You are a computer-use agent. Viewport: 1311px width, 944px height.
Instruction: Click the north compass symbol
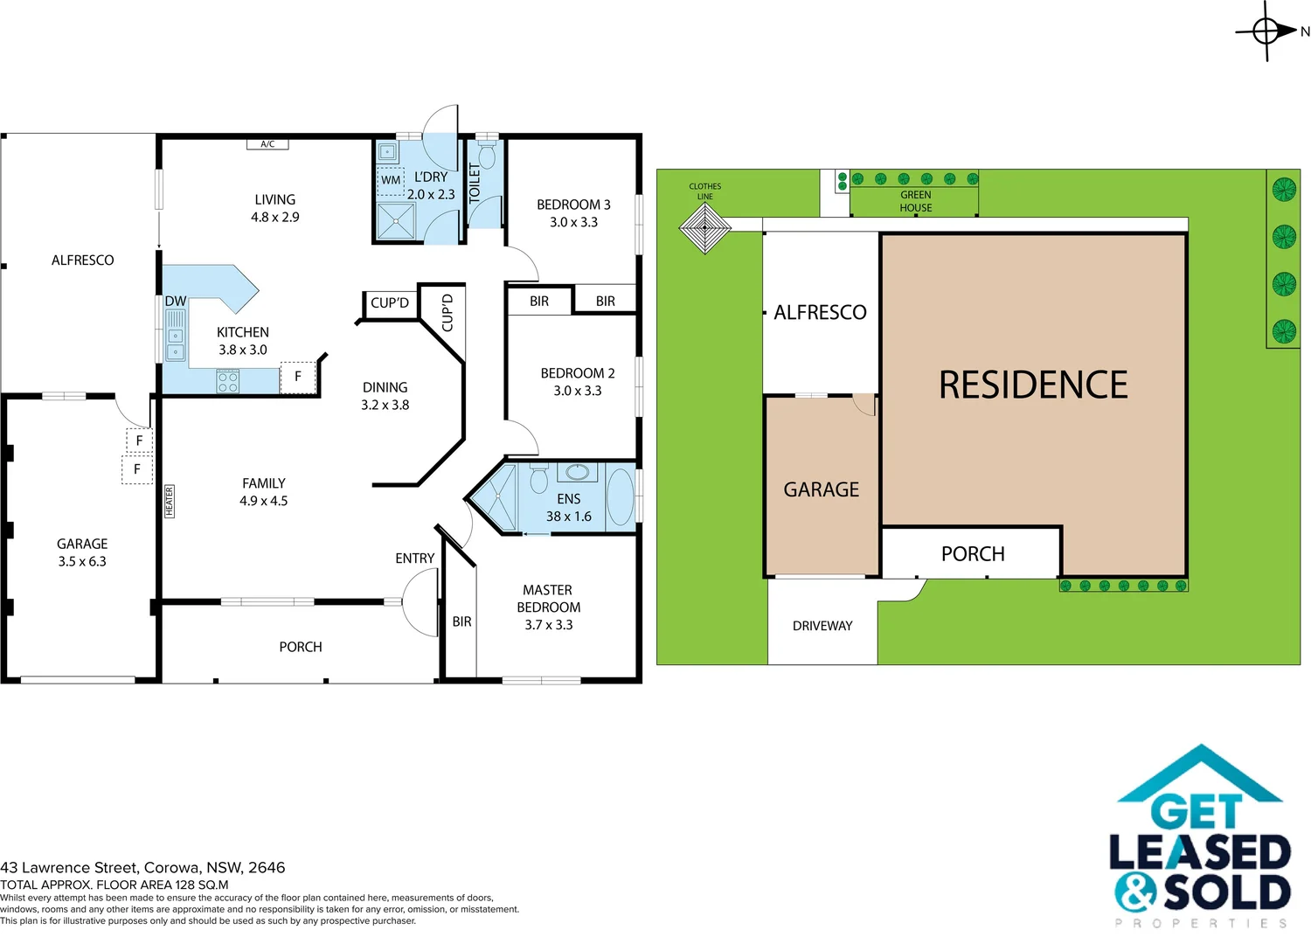pyautogui.click(x=1267, y=31)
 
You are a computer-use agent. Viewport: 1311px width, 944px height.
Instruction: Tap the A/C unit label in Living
pyautogui.click(x=267, y=144)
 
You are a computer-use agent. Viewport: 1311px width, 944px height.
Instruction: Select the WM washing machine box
pyautogui.click(x=391, y=180)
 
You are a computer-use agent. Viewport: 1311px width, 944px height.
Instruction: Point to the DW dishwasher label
pyautogui.click(x=176, y=301)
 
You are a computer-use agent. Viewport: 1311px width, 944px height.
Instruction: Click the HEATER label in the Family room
pyautogui.click(x=170, y=501)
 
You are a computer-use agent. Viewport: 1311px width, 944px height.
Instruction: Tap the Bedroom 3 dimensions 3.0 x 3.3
pyautogui.click(x=573, y=222)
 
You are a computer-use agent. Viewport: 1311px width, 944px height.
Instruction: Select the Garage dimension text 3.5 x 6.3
pyautogui.click(x=82, y=561)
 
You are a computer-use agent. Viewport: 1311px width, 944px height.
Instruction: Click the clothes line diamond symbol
pyautogui.click(x=704, y=229)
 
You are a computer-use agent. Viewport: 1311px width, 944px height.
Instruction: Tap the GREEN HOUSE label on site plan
pyautogui.click(x=915, y=201)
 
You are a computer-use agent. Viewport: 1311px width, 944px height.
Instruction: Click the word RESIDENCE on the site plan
pyautogui.click(x=1033, y=385)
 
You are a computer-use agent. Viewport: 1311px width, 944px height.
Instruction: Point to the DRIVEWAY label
pyautogui.click(x=822, y=626)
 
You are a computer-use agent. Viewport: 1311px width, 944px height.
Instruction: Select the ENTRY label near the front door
pyautogui.click(x=414, y=558)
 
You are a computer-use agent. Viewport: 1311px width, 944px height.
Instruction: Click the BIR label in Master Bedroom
pyautogui.click(x=461, y=621)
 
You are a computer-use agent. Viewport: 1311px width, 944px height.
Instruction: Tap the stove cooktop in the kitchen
pyautogui.click(x=228, y=381)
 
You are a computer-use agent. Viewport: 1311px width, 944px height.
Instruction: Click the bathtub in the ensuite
pyautogui.click(x=620, y=496)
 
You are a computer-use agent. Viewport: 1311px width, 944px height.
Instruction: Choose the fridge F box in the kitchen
pyautogui.click(x=298, y=377)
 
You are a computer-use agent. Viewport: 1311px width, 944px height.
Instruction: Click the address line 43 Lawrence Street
pyautogui.click(x=142, y=867)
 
